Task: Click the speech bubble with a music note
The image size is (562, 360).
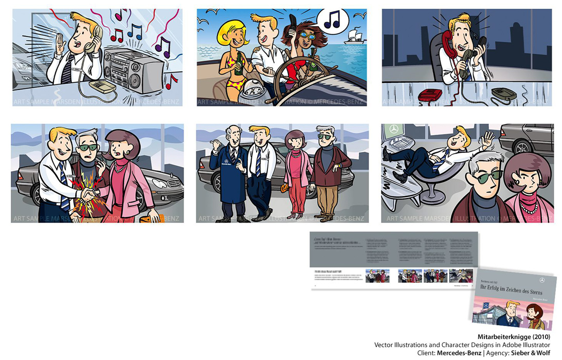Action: point(331,20)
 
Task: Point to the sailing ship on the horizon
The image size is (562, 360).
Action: point(355,37)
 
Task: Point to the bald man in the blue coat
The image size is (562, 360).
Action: point(227,172)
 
